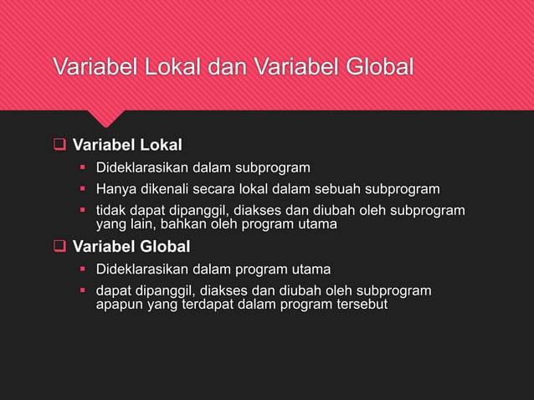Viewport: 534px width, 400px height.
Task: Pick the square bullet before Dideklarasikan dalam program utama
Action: tap(83, 269)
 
